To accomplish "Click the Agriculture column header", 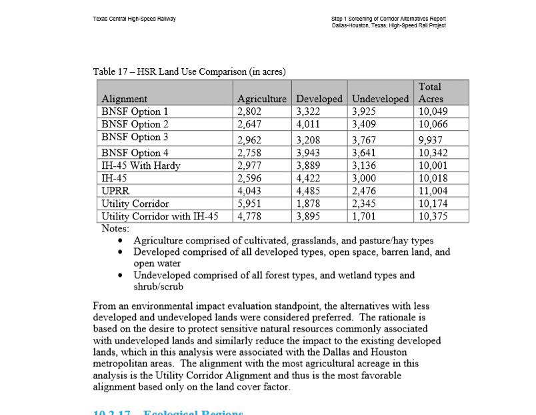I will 262,99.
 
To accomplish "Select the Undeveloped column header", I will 380,99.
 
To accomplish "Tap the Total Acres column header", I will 431,93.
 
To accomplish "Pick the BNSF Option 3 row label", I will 135,137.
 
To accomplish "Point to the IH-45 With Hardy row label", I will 141,165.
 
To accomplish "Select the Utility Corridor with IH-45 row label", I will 159,216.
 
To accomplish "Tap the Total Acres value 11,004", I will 433,191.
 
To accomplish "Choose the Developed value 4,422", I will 308,178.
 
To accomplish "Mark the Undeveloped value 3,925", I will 365,111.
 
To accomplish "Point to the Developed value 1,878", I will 308,203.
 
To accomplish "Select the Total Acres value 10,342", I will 433,153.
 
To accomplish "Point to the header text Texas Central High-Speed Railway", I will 135,19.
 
